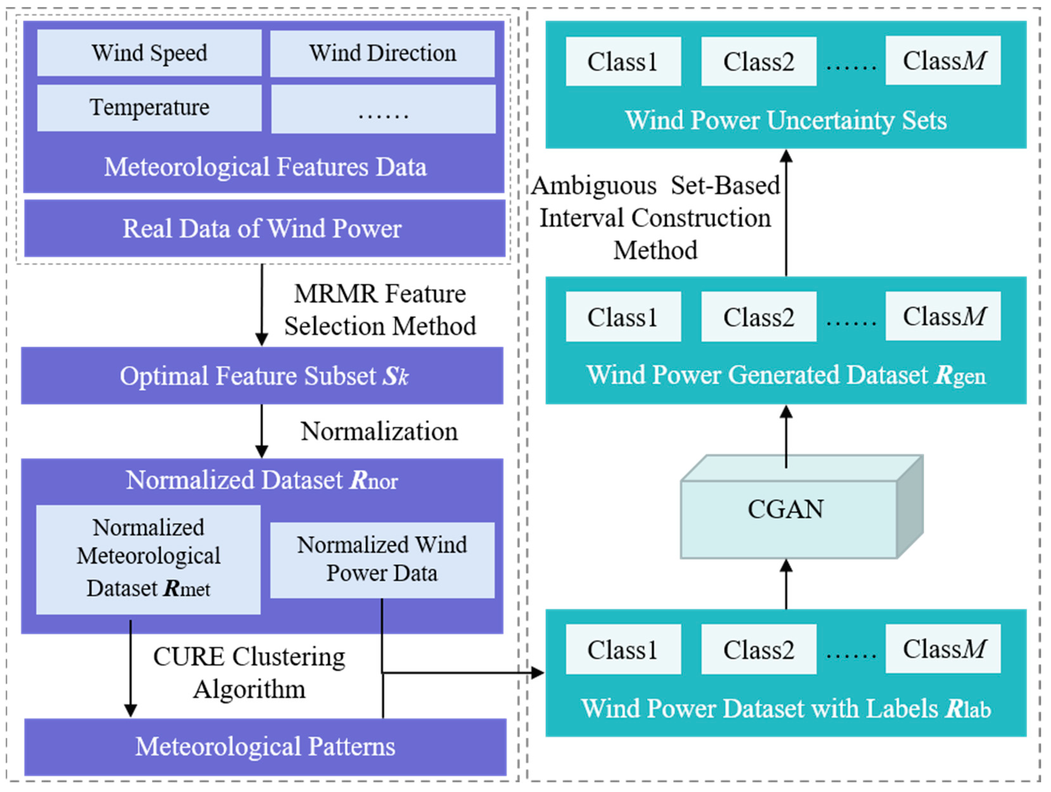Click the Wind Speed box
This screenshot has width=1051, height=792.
[149, 53]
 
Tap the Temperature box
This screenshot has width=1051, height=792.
[149, 107]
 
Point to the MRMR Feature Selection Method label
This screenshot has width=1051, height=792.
[380, 310]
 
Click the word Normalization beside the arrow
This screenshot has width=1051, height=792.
[379, 432]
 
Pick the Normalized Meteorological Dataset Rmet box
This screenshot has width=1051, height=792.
[148, 559]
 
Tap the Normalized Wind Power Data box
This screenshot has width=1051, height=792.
[382, 560]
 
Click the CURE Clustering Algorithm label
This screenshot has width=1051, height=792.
[249, 673]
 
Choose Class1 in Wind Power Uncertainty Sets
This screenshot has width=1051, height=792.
[623, 62]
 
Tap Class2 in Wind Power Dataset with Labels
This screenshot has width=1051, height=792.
[759, 649]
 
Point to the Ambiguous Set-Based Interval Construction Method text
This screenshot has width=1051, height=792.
[656, 218]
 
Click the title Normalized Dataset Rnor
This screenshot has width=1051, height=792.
[262, 480]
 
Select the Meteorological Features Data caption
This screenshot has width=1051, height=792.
[265, 167]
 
